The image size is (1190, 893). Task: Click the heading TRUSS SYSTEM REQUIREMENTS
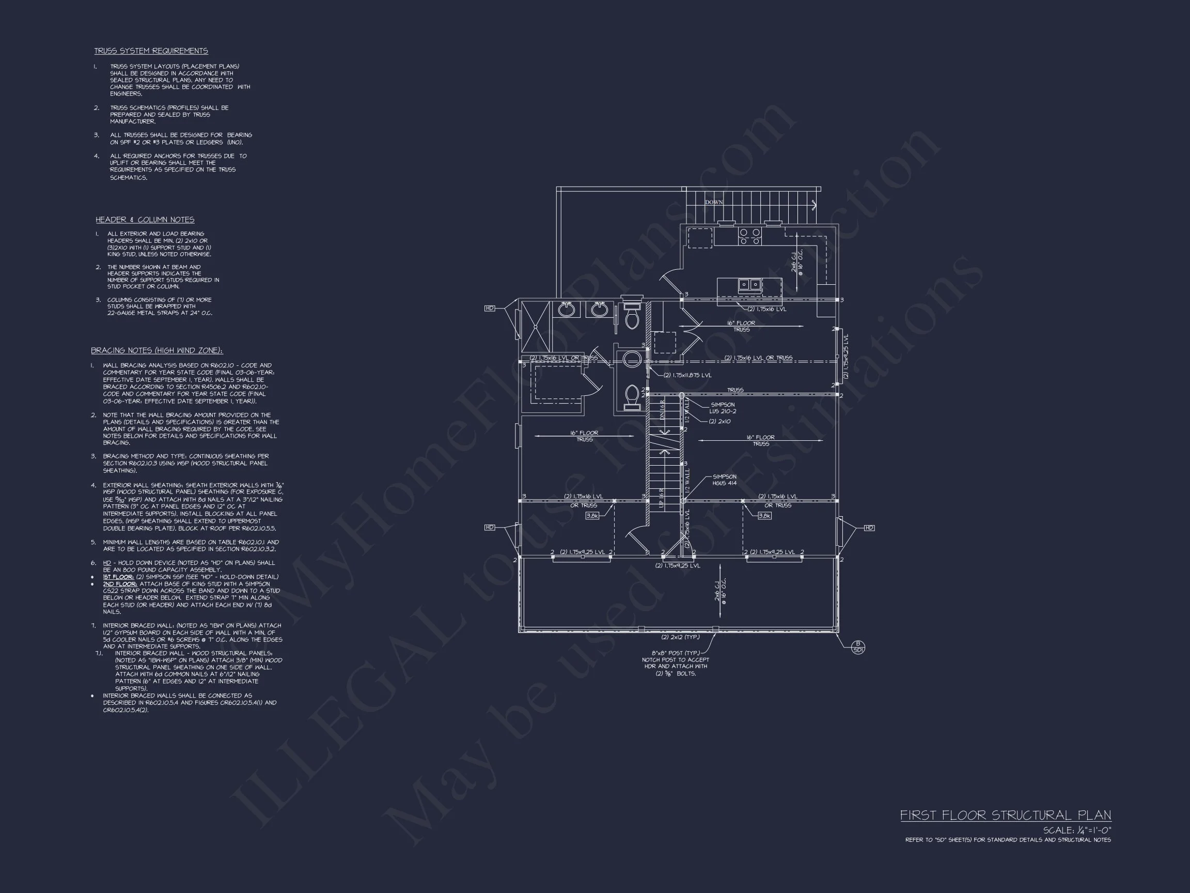(x=151, y=51)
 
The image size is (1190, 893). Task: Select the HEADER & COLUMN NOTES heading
(x=145, y=220)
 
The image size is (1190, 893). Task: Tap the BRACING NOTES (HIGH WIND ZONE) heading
(x=156, y=350)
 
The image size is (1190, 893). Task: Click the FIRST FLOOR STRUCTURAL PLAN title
(x=1006, y=815)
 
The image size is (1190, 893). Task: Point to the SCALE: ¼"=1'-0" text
(x=1076, y=830)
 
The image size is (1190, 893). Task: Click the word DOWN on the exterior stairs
(x=714, y=203)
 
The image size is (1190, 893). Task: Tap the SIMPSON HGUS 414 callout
(x=725, y=480)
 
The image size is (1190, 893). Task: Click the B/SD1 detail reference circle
(x=858, y=646)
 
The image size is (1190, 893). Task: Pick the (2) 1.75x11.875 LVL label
(x=687, y=375)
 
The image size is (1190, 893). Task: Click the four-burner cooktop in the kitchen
(x=749, y=237)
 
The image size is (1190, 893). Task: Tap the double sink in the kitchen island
(x=749, y=284)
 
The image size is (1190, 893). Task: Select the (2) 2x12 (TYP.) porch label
(x=680, y=637)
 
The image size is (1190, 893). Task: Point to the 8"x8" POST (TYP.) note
(x=675, y=653)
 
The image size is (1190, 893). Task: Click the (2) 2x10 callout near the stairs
(x=719, y=422)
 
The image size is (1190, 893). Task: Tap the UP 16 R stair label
(x=662, y=498)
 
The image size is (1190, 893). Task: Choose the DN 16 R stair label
(x=662, y=409)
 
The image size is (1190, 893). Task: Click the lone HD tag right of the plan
(x=869, y=528)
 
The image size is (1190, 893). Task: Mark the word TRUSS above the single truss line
(x=735, y=390)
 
